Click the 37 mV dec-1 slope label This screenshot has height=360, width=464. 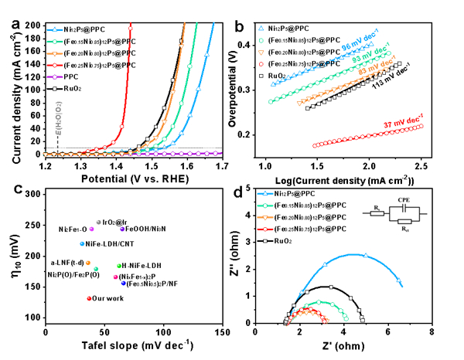403,118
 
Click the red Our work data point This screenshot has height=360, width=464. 90,297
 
